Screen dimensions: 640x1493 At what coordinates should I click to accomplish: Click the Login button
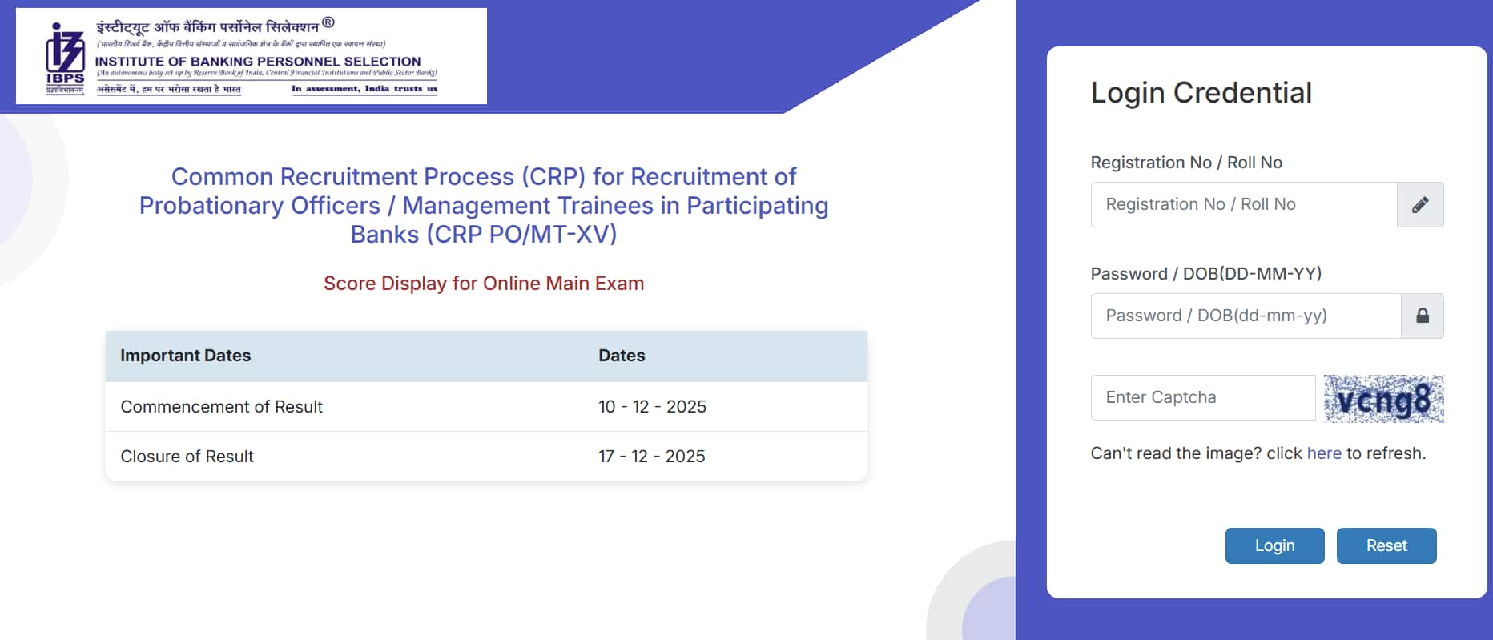[1274, 545]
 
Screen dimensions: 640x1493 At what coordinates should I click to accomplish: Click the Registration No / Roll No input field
[1243, 204]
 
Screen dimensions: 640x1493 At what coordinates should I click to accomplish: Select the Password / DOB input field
[1245, 316]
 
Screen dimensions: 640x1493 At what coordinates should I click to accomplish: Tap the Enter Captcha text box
[1202, 397]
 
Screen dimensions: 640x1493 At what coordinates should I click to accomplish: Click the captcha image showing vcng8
[1383, 399]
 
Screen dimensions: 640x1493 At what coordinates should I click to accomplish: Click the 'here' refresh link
[1323, 453]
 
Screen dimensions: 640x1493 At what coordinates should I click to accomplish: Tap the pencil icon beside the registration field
[1420, 205]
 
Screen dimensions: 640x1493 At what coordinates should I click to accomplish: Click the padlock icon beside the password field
[1423, 316]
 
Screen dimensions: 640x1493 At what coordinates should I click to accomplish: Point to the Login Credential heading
[1201, 93]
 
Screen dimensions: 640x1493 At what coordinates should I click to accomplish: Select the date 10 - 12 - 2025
[652, 407]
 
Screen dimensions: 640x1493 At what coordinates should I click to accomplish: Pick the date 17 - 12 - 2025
[651, 457]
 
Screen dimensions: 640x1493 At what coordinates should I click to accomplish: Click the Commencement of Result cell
[221, 407]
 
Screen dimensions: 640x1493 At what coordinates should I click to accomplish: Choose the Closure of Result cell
[187, 457]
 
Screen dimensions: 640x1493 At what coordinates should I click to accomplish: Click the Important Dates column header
[185, 356]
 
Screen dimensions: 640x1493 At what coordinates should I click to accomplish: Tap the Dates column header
[622, 356]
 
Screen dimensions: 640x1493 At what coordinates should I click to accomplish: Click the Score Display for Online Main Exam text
[484, 284]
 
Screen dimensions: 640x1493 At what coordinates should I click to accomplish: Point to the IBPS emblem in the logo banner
[65, 56]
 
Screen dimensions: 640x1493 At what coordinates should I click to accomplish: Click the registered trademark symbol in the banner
[328, 22]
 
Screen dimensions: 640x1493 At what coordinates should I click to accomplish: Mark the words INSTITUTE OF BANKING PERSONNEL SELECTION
[258, 62]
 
